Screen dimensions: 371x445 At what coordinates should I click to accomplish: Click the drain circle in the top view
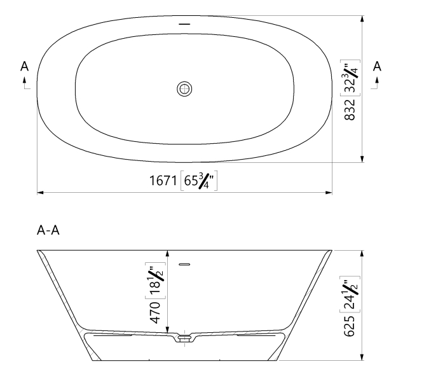point(184,88)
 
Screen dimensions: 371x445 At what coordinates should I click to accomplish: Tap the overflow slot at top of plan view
point(184,24)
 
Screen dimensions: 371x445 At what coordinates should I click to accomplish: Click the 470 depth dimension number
point(154,314)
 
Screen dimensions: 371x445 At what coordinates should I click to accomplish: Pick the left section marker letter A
point(24,66)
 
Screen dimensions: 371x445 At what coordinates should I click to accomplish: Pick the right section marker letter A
point(377,66)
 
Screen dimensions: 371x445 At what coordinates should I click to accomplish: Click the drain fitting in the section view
point(184,338)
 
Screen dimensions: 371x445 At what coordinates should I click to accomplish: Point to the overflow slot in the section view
point(185,263)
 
